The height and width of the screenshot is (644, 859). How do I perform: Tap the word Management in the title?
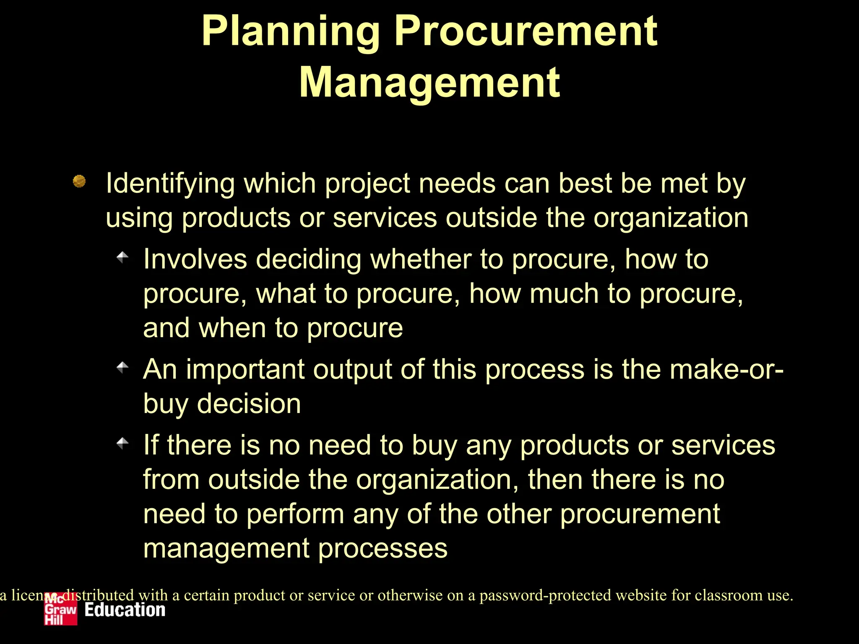point(429,83)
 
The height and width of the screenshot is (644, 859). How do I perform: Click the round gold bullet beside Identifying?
point(79,181)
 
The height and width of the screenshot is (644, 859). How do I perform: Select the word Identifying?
point(170,184)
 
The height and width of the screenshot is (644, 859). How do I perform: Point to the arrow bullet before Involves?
point(122,257)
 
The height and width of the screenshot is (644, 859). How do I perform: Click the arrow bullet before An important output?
point(122,367)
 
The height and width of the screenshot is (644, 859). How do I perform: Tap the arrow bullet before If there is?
point(122,443)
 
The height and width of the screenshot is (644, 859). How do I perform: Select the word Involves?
point(195,259)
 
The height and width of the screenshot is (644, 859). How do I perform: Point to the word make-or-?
point(726,370)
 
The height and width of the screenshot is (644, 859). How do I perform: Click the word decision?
point(249,404)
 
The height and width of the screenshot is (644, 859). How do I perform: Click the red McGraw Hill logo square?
point(61,609)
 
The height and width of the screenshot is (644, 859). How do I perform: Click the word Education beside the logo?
point(125,610)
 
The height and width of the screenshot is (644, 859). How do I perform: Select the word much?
point(564,293)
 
